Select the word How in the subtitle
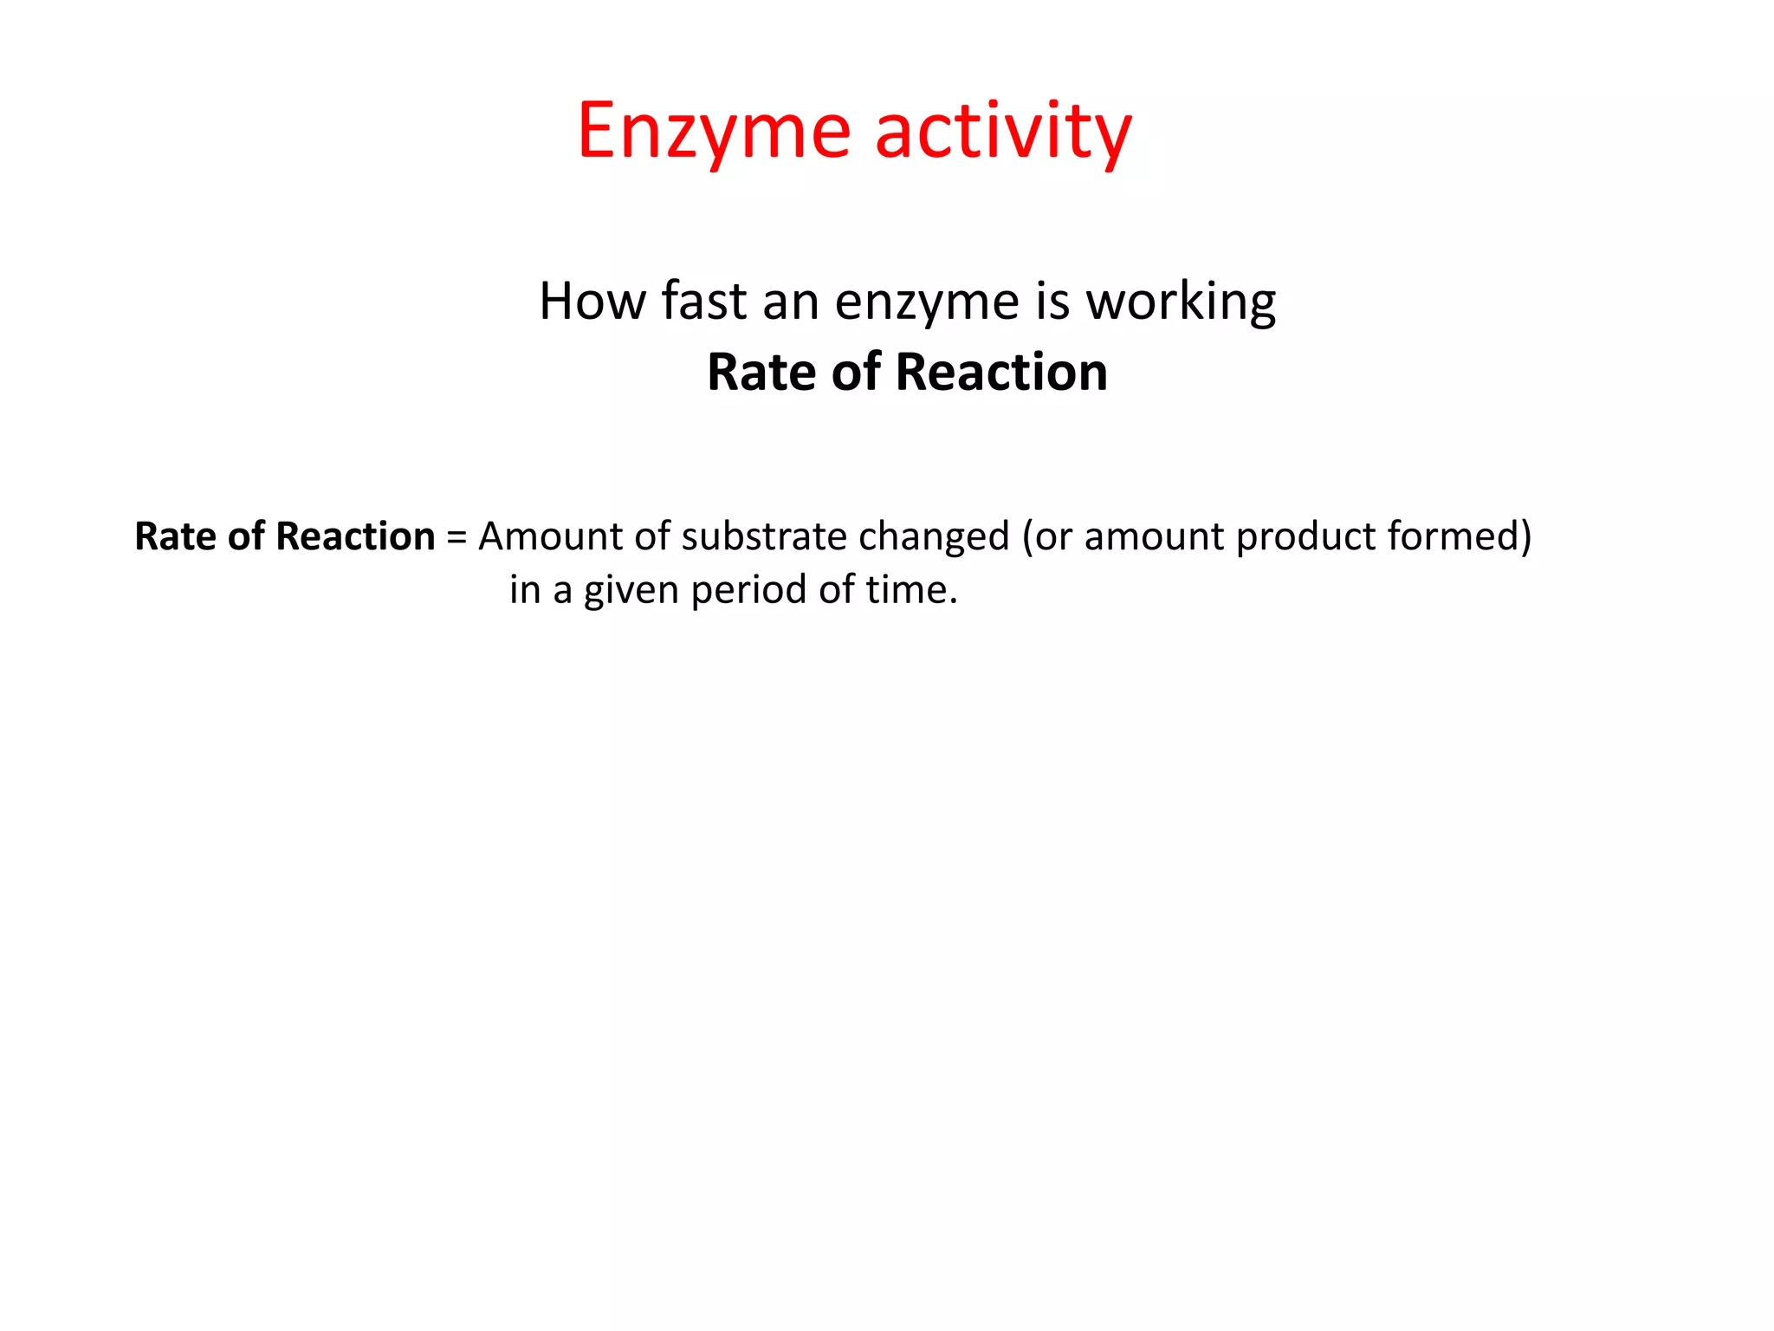592,301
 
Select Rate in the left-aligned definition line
175,536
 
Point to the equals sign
456,537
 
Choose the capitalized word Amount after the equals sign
549,536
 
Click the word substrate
764,536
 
